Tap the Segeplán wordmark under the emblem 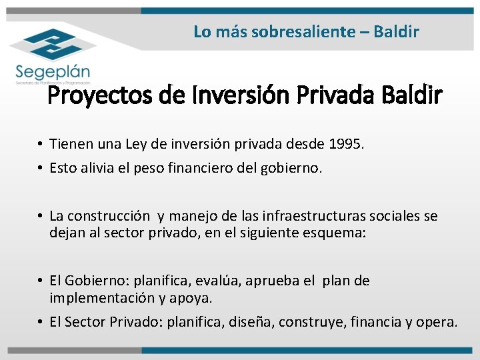(x=53, y=70)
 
